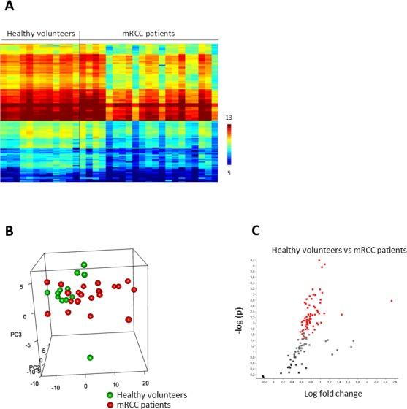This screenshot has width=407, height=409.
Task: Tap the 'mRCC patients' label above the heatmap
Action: point(148,34)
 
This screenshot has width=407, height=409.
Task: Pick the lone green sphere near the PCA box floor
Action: point(90,358)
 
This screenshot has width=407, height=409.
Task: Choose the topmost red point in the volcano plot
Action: point(319,261)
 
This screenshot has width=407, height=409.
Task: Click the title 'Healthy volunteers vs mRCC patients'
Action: point(329,250)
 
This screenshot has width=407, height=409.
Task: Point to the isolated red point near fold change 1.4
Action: point(341,314)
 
